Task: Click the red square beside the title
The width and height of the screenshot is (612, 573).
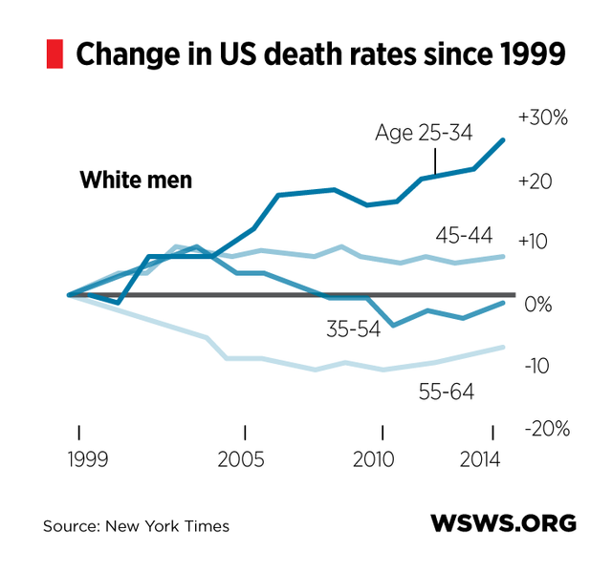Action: (55, 54)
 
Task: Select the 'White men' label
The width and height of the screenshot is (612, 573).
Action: (136, 180)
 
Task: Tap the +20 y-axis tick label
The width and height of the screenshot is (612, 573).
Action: (537, 180)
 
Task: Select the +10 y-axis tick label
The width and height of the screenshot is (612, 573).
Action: (536, 243)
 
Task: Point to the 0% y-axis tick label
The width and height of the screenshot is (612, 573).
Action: (541, 305)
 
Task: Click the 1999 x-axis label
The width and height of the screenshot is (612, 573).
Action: (80, 459)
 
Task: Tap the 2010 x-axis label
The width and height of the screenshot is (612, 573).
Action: (382, 459)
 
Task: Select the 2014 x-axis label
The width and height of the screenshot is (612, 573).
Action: (491, 459)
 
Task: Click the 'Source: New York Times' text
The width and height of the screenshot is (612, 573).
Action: (136, 526)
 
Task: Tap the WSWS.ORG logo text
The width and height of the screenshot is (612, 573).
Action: (503, 523)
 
